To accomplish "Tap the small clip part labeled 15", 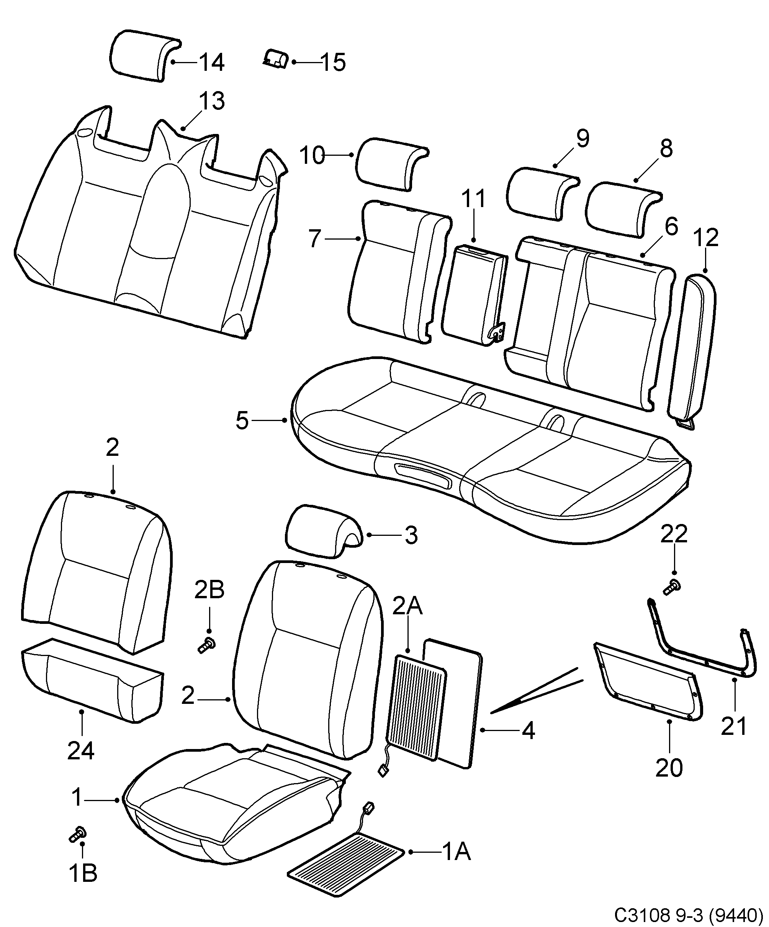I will [x=276, y=59].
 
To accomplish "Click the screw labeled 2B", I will [x=205, y=647].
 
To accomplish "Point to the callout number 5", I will [x=242, y=421].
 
